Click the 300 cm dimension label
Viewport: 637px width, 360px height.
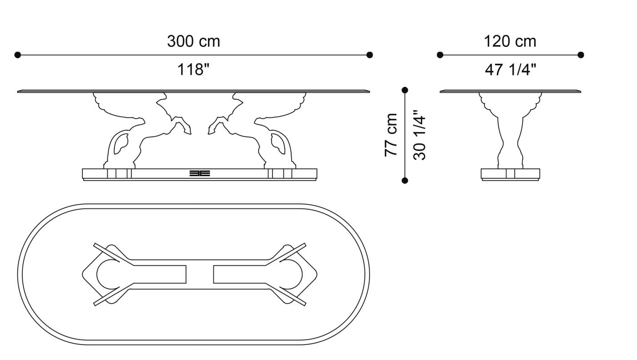[x=193, y=41]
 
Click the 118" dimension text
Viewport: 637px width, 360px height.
[x=193, y=70]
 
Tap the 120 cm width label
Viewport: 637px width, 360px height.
[x=510, y=41]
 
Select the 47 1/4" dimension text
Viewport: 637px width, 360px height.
[x=511, y=70]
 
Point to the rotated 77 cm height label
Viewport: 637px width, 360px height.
[x=391, y=135]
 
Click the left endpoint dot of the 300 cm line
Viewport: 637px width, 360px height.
[x=18, y=55]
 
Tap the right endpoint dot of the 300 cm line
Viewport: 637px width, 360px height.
[x=369, y=55]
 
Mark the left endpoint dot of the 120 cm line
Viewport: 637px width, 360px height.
[x=440, y=55]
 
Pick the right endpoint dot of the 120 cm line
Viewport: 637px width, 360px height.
[x=581, y=55]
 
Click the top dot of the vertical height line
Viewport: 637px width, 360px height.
[x=405, y=90]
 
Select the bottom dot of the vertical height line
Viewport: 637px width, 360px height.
[x=405, y=181]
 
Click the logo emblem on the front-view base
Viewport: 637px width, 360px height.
[x=199, y=173]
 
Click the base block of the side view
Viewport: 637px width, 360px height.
[x=510, y=174]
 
